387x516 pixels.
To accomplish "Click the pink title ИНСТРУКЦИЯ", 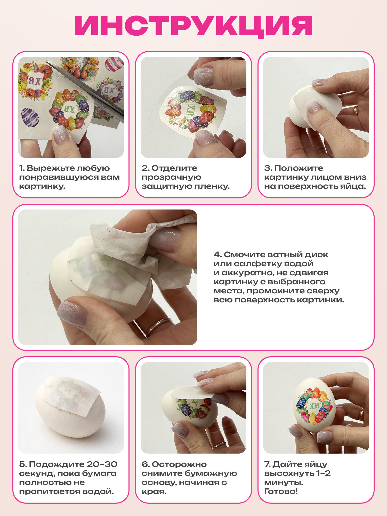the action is (x=193, y=26).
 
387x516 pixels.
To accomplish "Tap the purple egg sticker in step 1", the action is (x=29, y=117).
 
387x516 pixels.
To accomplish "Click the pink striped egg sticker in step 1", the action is (x=114, y=64).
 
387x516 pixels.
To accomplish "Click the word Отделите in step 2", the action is (x=174, y=168).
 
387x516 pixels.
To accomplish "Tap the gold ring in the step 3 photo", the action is (x=356, y=110).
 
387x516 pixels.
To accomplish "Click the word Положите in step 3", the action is (x=299, y=168).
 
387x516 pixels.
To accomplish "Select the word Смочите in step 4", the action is (x=244, y=255).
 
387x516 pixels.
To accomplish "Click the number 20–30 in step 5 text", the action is (x=102, y=464).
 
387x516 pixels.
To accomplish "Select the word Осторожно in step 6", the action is (x=179, y=464).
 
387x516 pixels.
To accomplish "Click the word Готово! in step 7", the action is (x=281, y=491).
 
